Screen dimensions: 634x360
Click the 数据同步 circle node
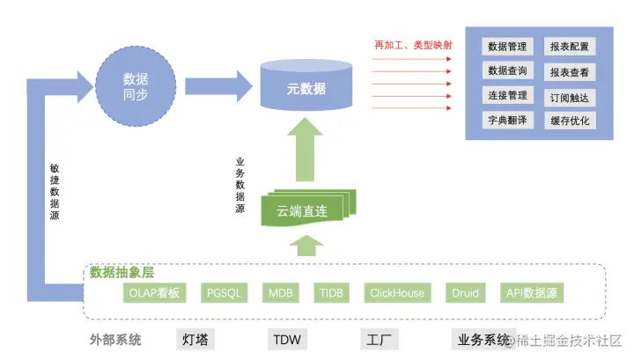136,86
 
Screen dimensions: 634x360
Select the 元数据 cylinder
306,85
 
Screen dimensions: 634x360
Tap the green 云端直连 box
308,208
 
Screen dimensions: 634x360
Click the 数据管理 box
507,47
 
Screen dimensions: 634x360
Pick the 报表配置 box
570,47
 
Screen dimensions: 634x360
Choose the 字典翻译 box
507,120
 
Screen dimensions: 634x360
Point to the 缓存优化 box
570,121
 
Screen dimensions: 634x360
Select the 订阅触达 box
570,98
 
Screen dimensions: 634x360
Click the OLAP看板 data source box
154,293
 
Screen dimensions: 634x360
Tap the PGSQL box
224,293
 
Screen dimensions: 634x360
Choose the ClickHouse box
397,293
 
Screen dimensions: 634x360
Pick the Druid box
466,293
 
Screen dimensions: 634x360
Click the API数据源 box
532,293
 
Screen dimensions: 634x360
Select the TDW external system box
287,340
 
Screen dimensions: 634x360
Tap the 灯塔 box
195,340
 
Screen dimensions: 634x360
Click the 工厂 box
380,340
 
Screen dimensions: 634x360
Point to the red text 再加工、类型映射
413,45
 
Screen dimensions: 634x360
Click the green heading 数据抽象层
122,272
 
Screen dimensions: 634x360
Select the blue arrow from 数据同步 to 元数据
218,86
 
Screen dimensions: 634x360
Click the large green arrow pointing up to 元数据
305,150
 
